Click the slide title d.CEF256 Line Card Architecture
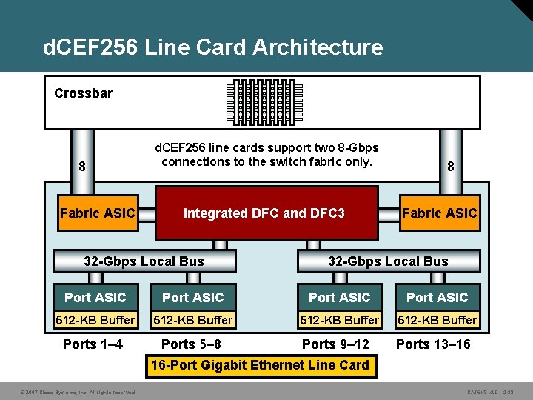(x=213, y=47)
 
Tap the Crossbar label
(x=84, y=93)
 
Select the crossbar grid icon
(x=265, y=102)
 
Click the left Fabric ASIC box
(x=97, y=213)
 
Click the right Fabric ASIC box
(x=440, y=213)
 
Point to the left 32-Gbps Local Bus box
(x=144, y=261)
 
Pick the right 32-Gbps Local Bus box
(x=389, y=261)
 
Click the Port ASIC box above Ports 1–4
(x=95, y=297)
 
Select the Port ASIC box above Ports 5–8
(x=192, y=297)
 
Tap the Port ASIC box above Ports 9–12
(x=339, y=297)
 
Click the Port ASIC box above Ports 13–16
(x=437, y=297)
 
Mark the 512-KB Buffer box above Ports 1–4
(x=95, y=320)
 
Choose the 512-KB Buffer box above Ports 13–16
(x=437, y=320)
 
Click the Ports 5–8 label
(x=191, y=344)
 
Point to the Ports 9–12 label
(x=335, y=344)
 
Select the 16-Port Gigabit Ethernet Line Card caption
(x=260, y=365)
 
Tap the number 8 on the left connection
(x=81, y=167)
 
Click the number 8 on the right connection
(x=451, y=167)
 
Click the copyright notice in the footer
(x=67, y=392)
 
